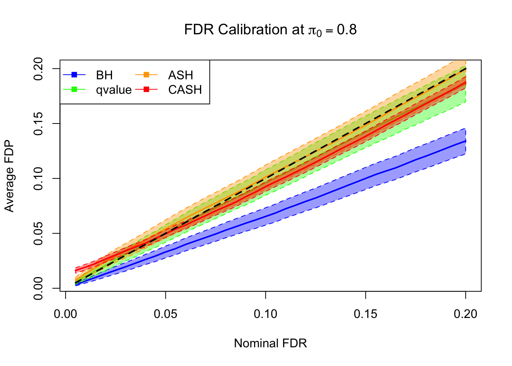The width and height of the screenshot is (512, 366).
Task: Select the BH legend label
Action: coord(104,75)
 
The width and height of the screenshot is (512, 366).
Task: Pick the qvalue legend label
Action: coord(114,90)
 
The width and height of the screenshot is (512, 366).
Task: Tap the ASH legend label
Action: coord(181,75)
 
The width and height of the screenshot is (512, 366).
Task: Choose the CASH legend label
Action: coord(185,90)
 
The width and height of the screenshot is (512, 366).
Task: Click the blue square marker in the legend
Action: coord(74,75)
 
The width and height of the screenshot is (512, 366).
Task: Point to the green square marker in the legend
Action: coord(74,89)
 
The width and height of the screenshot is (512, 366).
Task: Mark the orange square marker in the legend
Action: coord(146,75)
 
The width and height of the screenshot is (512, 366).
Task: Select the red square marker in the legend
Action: coord(146,89)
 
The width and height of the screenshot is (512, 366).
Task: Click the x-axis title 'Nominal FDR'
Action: coord(270,343)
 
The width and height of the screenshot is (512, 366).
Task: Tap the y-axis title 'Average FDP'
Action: coord(9,176)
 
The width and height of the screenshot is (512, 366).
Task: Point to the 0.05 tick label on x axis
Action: coord(166,314)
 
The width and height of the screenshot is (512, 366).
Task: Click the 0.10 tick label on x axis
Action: coord(266,314)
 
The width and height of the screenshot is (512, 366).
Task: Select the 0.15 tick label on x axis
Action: coord(366,314)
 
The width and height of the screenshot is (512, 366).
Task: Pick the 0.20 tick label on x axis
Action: coord(466,314)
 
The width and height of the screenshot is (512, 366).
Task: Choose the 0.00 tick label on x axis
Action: coord(66,314)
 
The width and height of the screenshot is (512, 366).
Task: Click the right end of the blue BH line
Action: coord(465,141)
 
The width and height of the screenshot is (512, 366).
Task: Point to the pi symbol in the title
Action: coord(312,30)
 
